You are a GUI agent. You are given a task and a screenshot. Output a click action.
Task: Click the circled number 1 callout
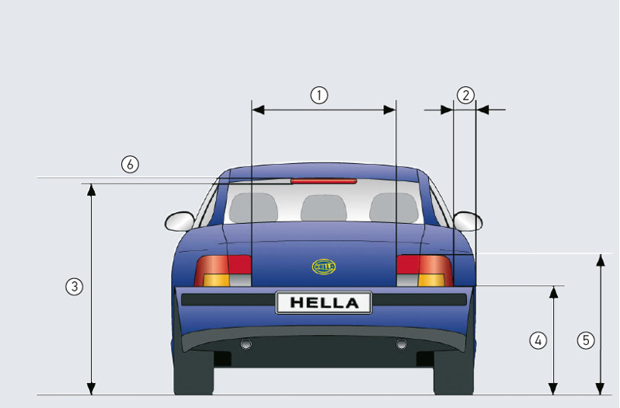click(319, 96)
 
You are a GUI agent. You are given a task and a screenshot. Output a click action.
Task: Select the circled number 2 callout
click(465, 96)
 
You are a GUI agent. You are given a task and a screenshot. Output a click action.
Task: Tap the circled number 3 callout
click(75, 287)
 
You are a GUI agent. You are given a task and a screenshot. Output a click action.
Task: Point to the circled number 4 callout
click(538, 340)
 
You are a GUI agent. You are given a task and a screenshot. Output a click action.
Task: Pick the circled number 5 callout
click(586, 340)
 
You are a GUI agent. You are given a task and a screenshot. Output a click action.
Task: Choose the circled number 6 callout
click(130, 164)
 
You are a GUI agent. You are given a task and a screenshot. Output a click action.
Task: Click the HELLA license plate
click(324, 303)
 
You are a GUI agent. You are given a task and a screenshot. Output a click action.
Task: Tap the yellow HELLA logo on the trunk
click(324, 267)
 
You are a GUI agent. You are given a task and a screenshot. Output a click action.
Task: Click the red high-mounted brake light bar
click(324, 181)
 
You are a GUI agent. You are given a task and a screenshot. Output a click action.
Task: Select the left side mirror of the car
click(179, 221)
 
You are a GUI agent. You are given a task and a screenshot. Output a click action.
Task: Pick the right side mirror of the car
click(468, 221)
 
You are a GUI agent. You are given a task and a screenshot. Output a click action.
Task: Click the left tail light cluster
click(223, 270)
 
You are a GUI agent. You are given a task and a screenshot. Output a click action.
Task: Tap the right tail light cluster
click(425, 270)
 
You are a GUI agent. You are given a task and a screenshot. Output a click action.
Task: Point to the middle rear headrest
click(324, 208)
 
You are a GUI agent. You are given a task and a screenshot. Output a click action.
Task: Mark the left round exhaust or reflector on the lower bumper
click(246, 344)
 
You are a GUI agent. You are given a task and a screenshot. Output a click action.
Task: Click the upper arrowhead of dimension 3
click(92, 190)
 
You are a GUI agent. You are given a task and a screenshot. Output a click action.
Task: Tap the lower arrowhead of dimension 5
click(601, 389)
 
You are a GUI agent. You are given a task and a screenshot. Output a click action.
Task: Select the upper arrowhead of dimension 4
click(553, 292)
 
